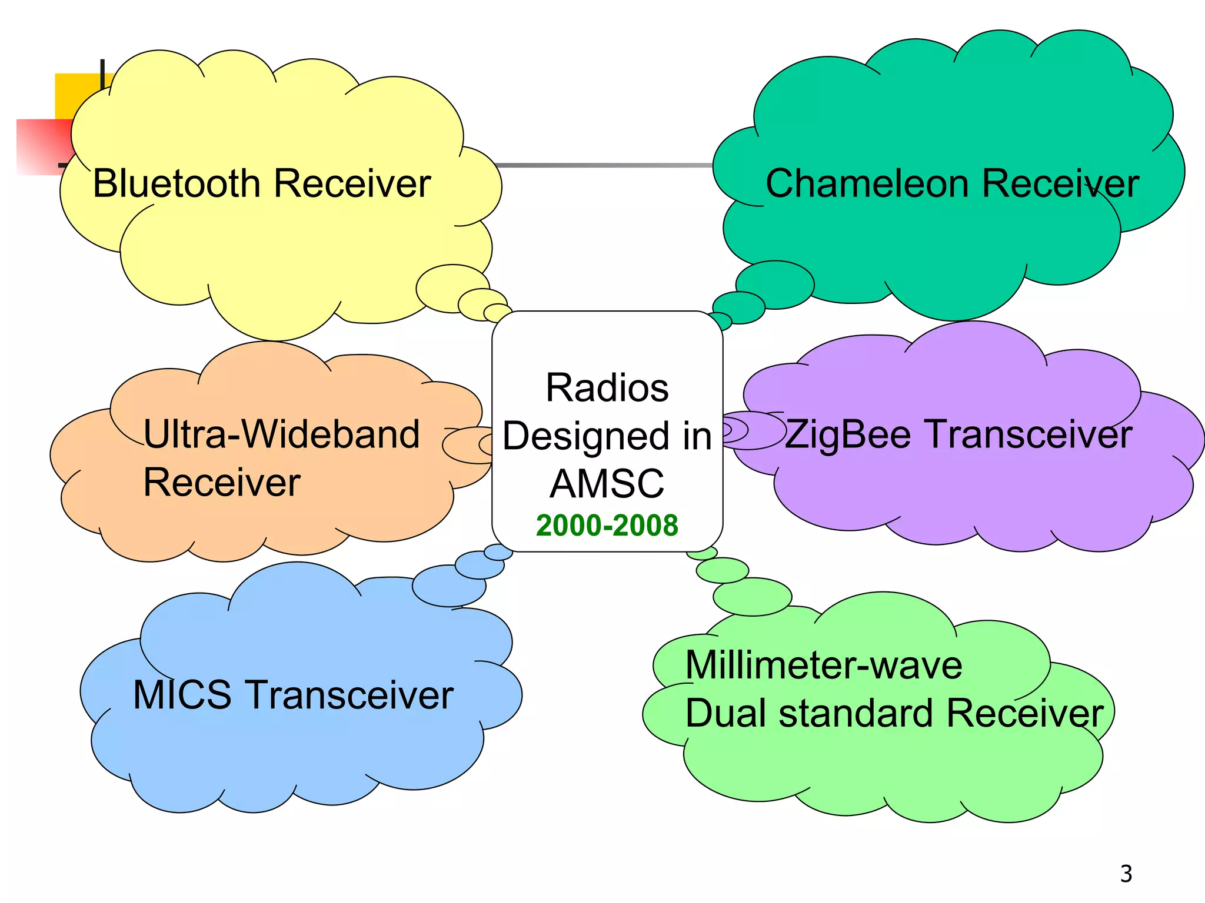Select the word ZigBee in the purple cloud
(x=848, y=435)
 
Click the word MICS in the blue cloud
(x=182, y=695)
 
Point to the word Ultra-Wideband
(x=281, y=435)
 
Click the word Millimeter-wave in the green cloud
(x=823, y=665)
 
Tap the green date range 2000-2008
(x=607, y=525)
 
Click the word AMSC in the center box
(x=607, y=484)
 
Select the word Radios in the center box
(x=607, y=388)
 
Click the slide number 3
(x=1126, y=874)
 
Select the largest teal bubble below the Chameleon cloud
(x=775, y=285)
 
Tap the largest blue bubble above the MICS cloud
(x=448, y=586)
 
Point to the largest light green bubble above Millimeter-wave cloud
(x=752, y=597)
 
